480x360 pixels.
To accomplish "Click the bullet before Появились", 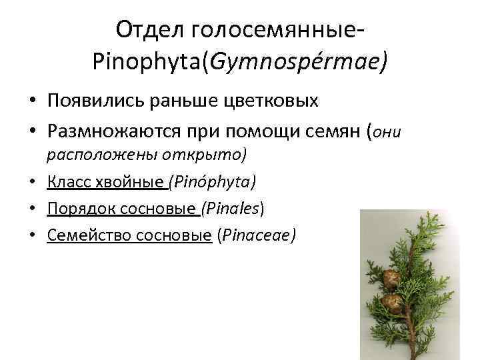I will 32,101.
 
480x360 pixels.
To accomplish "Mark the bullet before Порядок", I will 32,209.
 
